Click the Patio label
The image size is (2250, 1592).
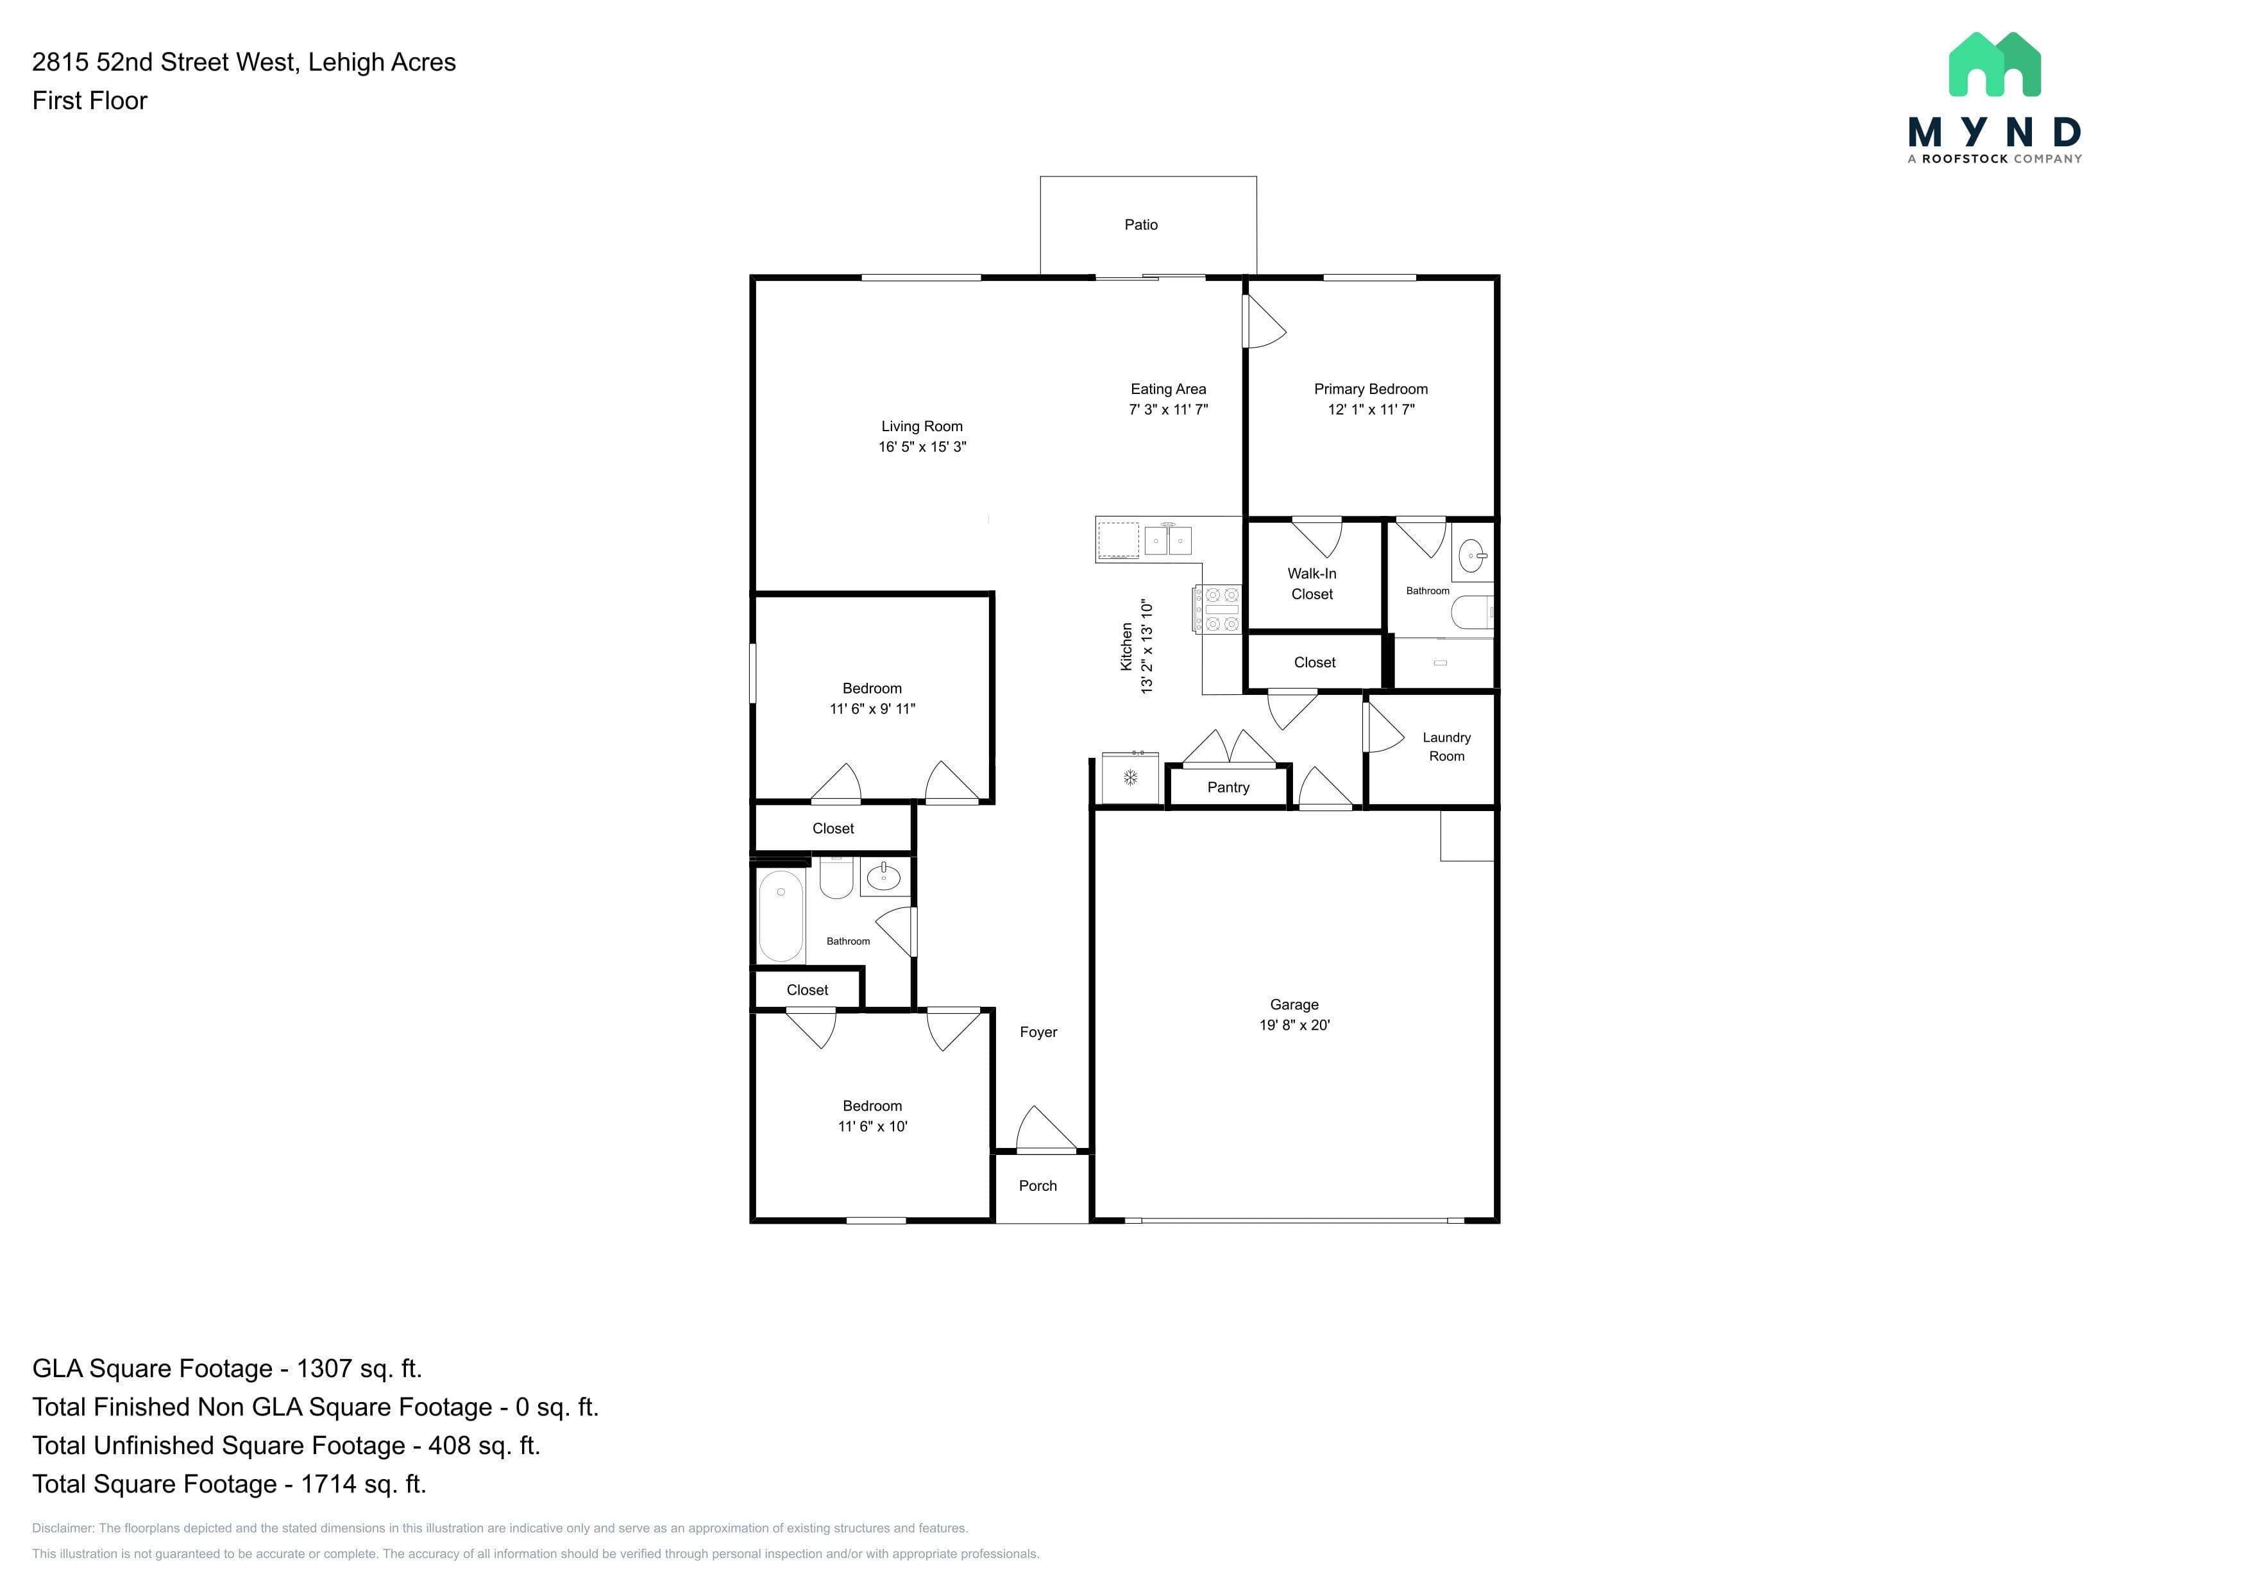click(x=1140, y=225)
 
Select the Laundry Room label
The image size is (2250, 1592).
click(x=1446, y=747)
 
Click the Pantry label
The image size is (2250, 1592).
click(x=1228, y=787)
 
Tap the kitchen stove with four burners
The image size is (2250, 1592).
click(x=1217, y=609)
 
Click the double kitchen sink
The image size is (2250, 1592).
click(x=1168, y=539)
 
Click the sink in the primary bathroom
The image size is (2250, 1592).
click(x=1472, y=556)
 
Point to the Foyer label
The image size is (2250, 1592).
click(x=1038, y=1032)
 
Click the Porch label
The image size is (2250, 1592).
click(x=1038, y=1186)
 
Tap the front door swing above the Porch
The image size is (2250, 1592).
click(x=1045, y=1128)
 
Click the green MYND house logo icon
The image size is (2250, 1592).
click(x=1994, y=65)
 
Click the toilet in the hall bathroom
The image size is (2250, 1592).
click(x=836, y=877)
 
